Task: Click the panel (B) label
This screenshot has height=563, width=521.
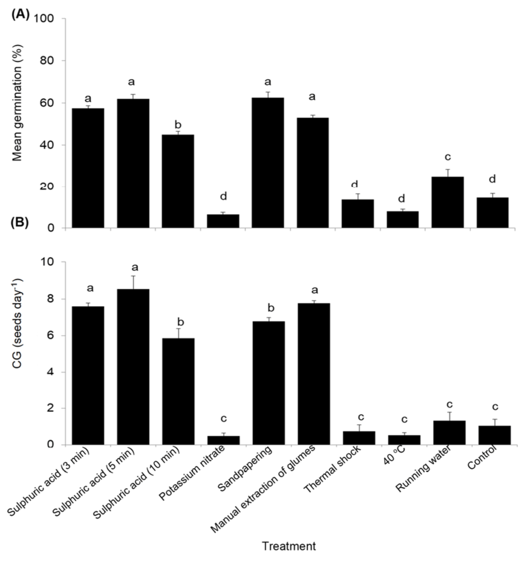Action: click(21, 223)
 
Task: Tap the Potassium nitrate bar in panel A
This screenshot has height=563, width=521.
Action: click(223, 221)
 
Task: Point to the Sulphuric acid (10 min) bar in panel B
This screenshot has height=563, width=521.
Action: click(178, 391)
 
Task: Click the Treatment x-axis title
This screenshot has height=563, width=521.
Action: click(289, 546)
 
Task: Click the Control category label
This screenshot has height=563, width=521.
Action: click(482, 460)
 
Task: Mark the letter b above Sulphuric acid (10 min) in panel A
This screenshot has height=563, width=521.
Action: click(178, 125)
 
